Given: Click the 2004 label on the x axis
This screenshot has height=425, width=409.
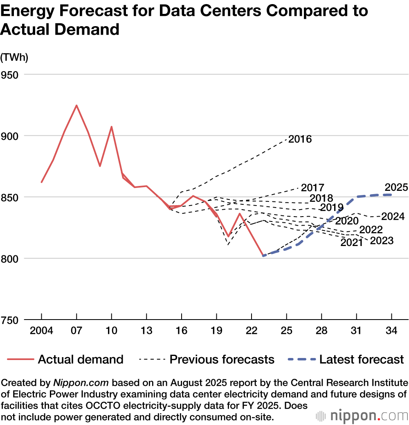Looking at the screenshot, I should coord(42,331).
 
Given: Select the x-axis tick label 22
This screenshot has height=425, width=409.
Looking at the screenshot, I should coord(252,331).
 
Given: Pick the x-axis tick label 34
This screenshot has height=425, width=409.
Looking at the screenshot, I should coord(391,331).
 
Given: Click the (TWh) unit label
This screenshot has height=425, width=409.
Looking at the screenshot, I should coord(14,58).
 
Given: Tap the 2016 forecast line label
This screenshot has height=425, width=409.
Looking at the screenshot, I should coord(300,139).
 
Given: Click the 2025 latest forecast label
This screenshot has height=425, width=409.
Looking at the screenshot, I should coord(396,188).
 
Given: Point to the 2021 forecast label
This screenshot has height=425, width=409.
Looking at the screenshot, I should coord(352,243).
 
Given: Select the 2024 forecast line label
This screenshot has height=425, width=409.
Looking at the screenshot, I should coord(393,217).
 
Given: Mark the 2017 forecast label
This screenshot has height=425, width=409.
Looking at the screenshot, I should coord(313,188).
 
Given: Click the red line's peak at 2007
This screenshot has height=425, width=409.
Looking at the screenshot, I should coord(76,105).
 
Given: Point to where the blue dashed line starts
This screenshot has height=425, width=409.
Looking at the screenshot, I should coord(264,256).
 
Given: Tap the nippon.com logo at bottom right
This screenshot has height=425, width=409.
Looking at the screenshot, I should coord(362,416).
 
